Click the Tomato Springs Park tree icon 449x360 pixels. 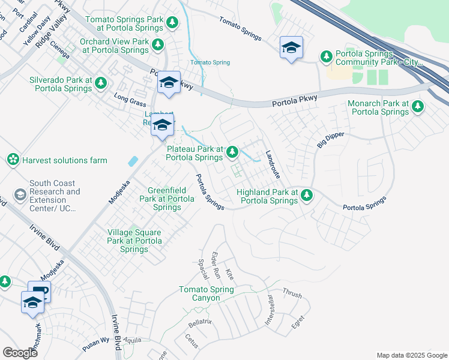(x=172, y=23)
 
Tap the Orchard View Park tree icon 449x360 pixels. (x=157, y=44)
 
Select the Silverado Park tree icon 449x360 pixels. (x=101, y=83)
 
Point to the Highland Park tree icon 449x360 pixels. (x=307, y=195)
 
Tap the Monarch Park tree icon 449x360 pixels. (x=417, y=107)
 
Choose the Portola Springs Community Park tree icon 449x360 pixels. (x=327, y=57)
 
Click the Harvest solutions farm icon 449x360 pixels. (x=12, y=160)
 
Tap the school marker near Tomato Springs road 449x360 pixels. (x=291, y=47)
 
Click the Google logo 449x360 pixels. (x=20, y=353)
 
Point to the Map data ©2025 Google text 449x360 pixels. (x=411, y=355)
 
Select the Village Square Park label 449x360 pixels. (x=134, y=241)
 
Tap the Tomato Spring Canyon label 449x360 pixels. (x=206, y=294)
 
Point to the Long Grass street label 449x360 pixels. (x=130, y=99)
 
